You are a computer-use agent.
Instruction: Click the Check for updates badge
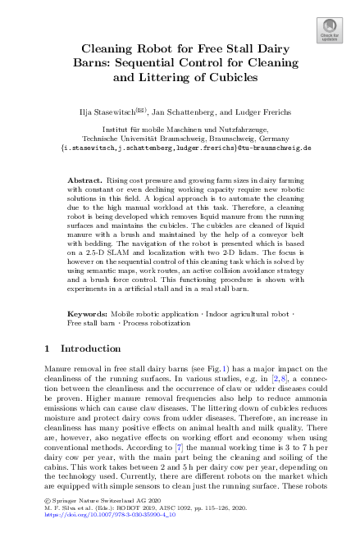[330, 30]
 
